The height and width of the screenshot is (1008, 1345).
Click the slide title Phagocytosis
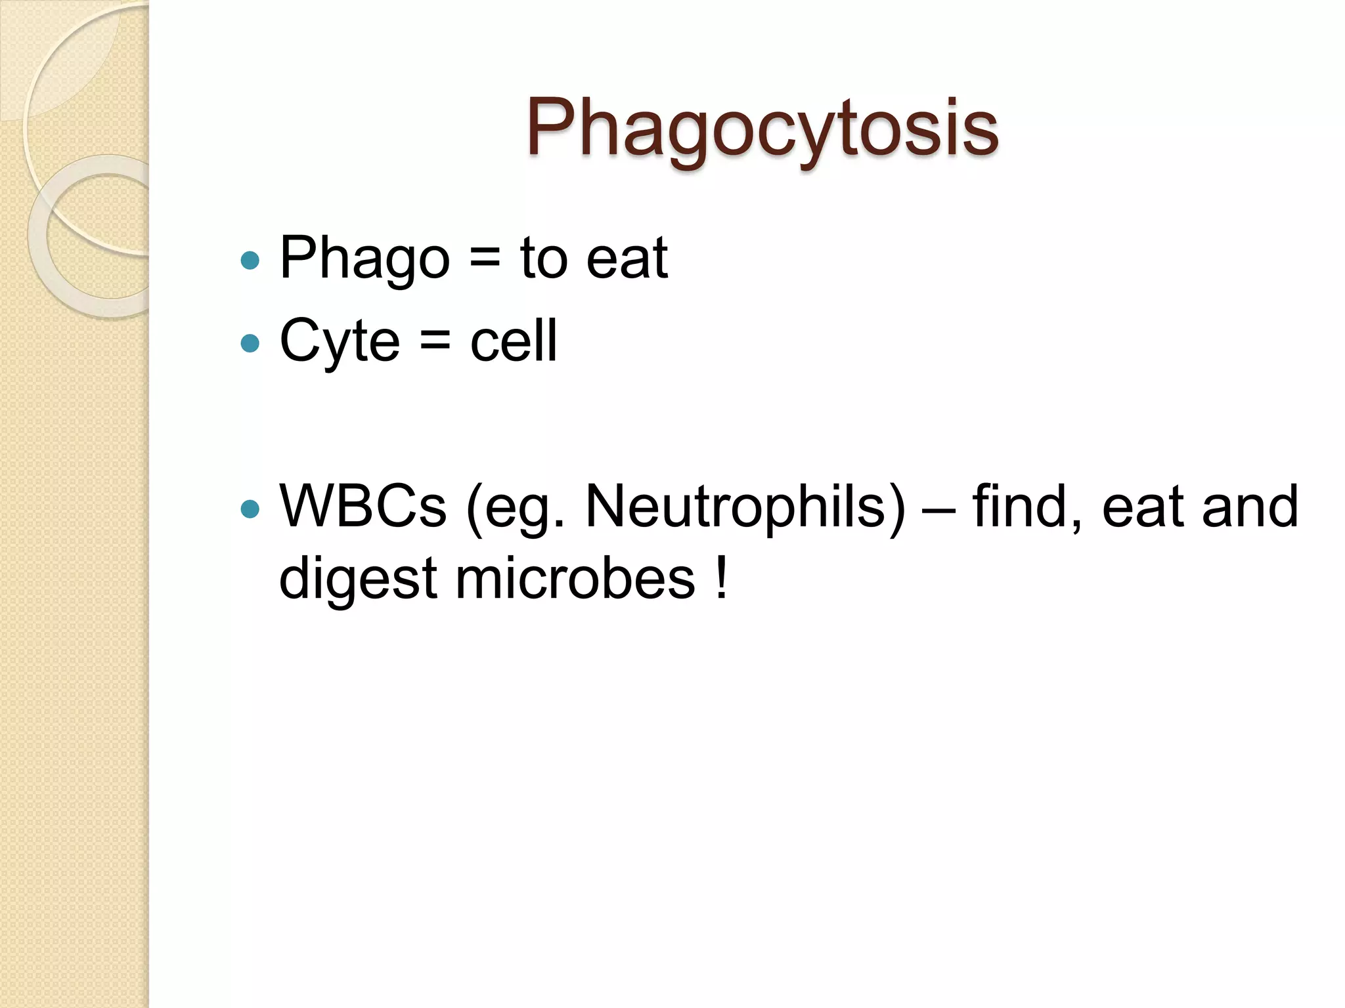pyautogui.click(x=762, y=127)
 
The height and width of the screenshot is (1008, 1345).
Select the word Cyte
pyautogui.click(x=339, y=341)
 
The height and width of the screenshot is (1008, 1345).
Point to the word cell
pyautogui.click(x=514, y=341)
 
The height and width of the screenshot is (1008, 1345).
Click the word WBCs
pyautogui.click(x=363, y=507)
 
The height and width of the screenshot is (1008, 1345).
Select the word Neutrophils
pyautogui.click(x=745, y=507)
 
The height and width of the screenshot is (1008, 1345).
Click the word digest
pyautogui.click(x=358, y=579)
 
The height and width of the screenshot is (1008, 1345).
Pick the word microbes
pyautogui.click(x=575, y=579)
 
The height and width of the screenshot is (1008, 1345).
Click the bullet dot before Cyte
pyautogui.click(x=250, y=343)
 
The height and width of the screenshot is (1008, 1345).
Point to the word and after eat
pyautogui.click(x=1249, y=507)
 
